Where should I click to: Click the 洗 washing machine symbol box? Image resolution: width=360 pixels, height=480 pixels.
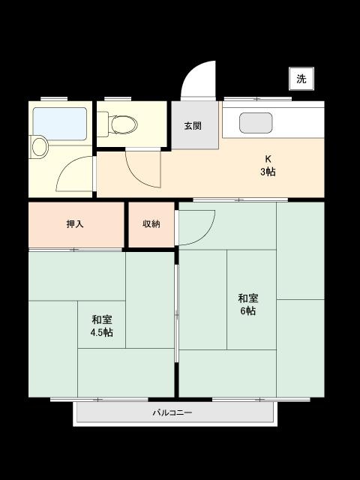tap(301, 79)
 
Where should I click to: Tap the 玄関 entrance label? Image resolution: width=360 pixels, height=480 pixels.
tap(193, 126)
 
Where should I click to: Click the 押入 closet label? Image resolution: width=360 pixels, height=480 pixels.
tap(75, 223)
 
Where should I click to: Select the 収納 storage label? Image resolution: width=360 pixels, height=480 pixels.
tap(151, 223)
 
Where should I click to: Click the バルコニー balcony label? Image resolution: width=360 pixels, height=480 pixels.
tap(172, 412)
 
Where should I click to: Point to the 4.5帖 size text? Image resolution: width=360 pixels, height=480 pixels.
tap(102, 332)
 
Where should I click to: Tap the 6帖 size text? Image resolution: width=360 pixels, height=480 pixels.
tap(248, 310)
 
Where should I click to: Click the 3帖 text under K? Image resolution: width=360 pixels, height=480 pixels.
tap(267, 172)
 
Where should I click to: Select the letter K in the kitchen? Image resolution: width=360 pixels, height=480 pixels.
tap(267, 158)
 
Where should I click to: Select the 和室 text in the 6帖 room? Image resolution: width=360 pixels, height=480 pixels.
tap(248, 297)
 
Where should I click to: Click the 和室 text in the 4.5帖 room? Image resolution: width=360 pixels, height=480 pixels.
tap(102, 319)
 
